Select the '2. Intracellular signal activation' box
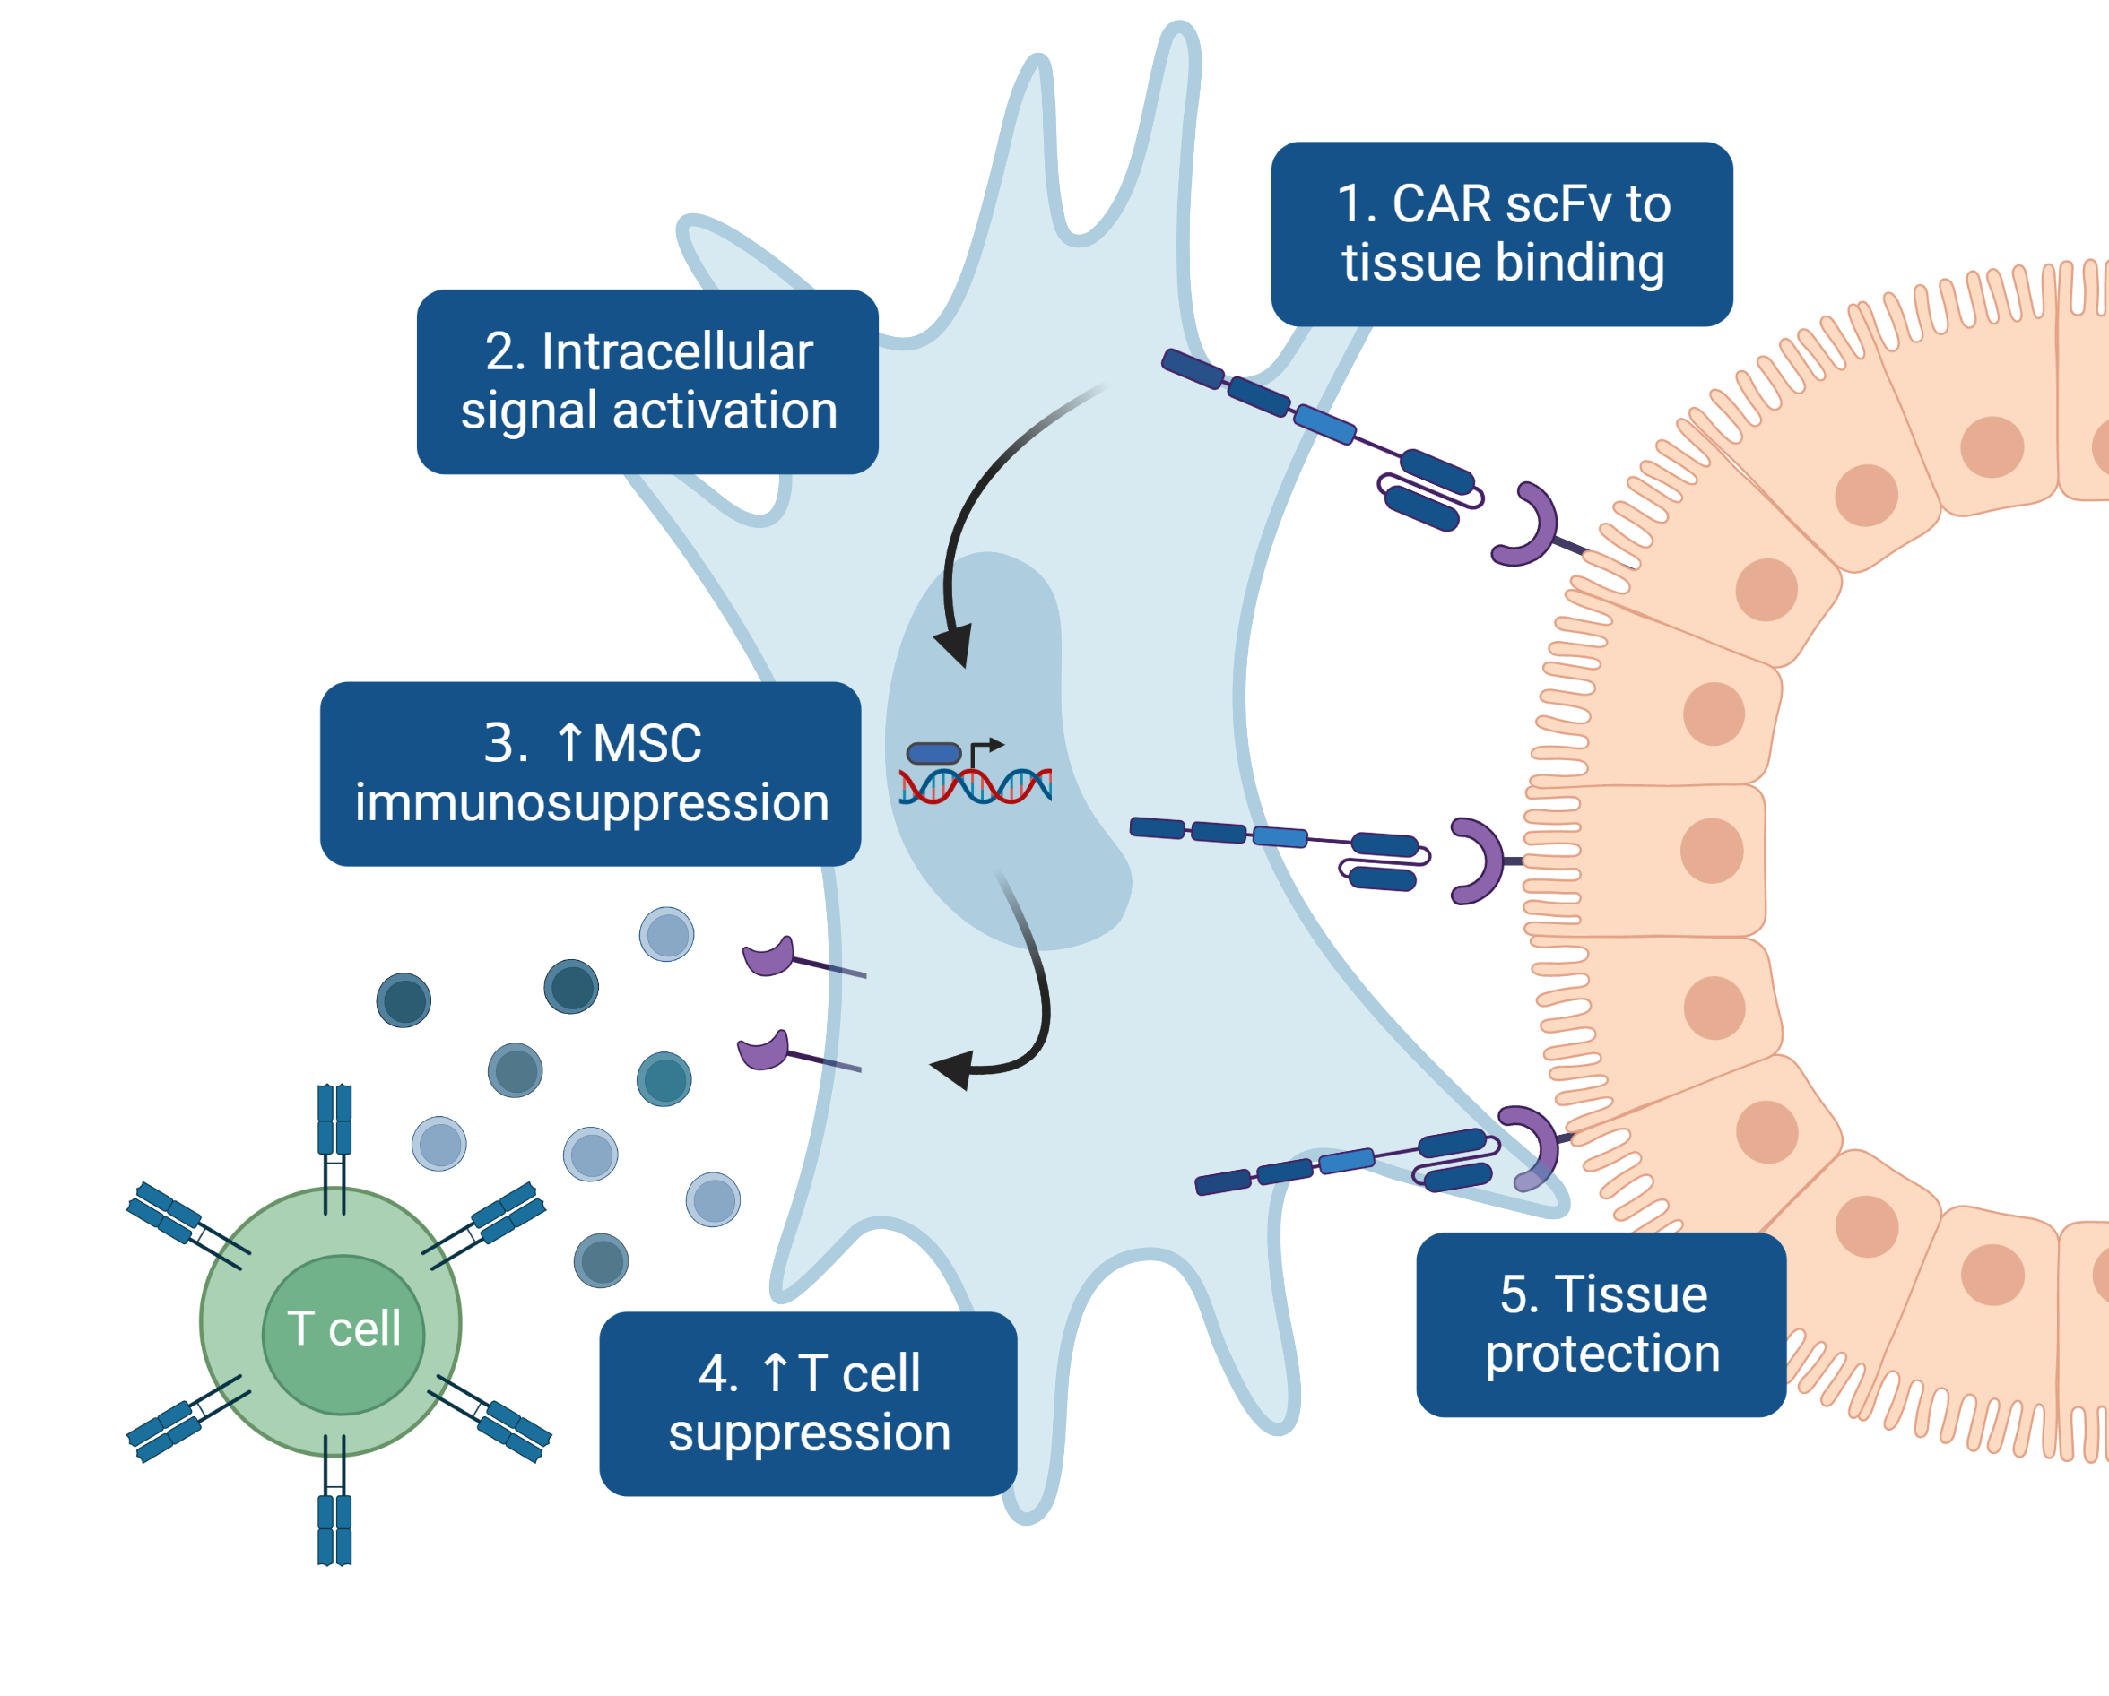tap(647, 382)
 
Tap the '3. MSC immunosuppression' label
tap(590, 773)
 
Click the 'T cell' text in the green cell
tap(343, 1328)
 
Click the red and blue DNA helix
tap(976, 785)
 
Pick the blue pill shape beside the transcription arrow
tap(933, 753)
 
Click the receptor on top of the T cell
tap(334, 1135)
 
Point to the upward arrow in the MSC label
tap(569, 742)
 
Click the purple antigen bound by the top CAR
tap(1528, 525)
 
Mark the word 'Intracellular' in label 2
tap(677, 351)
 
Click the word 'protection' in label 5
tap(1602, 1354)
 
